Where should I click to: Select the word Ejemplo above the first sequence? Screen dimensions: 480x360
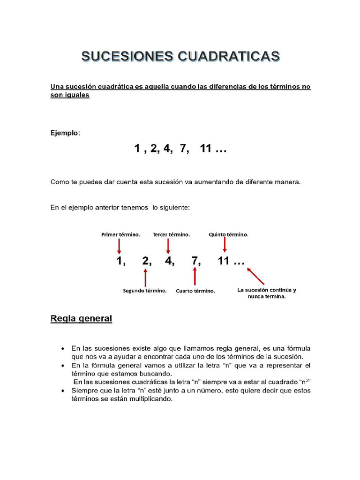click(65, 133)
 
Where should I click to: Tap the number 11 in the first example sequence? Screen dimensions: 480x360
click(206, 149)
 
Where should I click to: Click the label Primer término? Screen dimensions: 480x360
click(120, 234)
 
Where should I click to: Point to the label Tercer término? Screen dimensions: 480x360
click(171, 234)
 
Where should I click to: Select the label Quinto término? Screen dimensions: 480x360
click(229, 234)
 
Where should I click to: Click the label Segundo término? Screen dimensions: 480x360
click(145, 291)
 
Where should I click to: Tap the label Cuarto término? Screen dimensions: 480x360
click(195, 291)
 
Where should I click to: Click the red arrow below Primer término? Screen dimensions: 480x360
click(119, 246)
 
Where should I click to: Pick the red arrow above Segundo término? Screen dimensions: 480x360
click(146, 277)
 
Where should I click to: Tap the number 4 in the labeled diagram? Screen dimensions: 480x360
click(169, 262)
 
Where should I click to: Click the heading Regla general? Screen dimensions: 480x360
click(81, 319)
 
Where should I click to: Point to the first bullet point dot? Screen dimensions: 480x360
click(62, 349)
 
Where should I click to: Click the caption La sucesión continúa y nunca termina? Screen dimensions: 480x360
click(266, 293)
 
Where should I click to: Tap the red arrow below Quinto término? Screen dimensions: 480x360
click(225, 245)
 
